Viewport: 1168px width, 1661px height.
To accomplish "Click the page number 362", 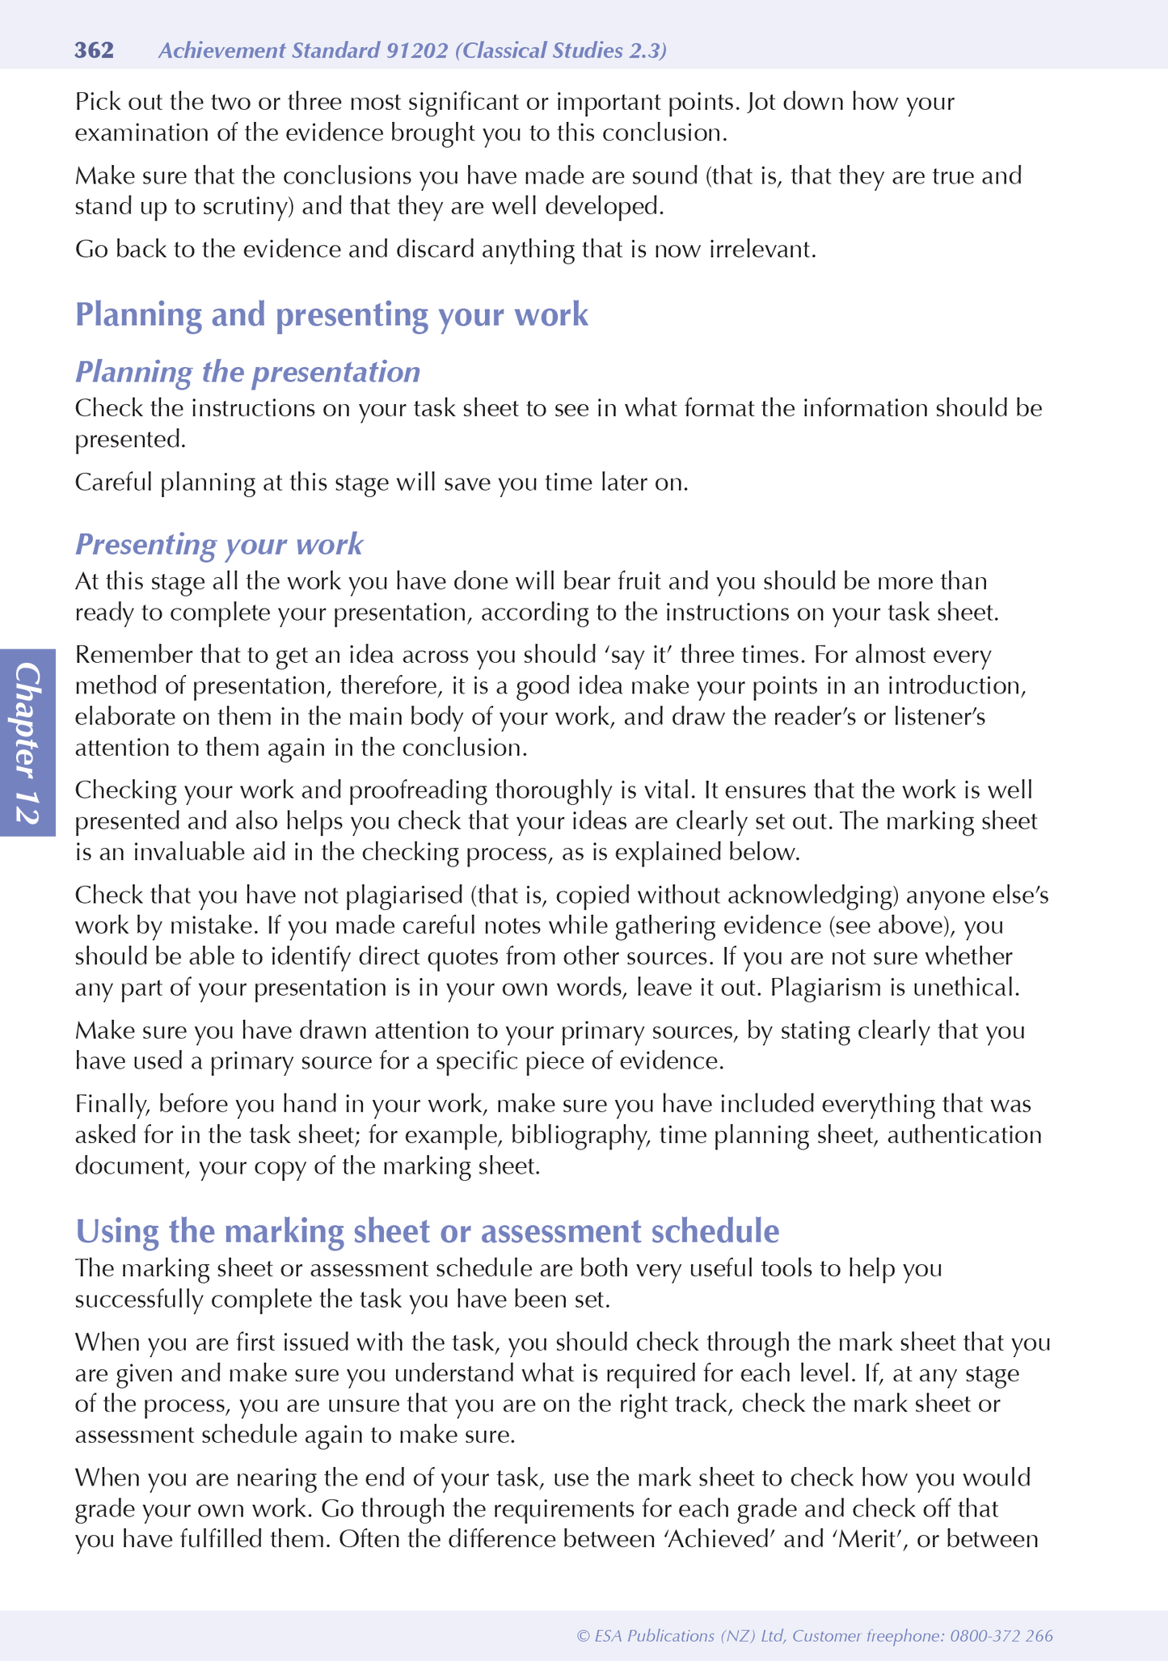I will [x=94, y=51].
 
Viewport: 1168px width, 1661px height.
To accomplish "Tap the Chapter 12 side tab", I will [x=27, y=742].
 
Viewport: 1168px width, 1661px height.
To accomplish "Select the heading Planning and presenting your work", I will [x=331, y=314].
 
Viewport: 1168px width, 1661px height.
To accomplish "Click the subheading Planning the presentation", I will [x=247, y=372].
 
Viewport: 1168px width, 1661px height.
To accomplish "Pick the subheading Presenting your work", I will [x=218, y=544].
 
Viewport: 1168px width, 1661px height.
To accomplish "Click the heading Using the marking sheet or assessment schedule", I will [x=427, y=1231].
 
